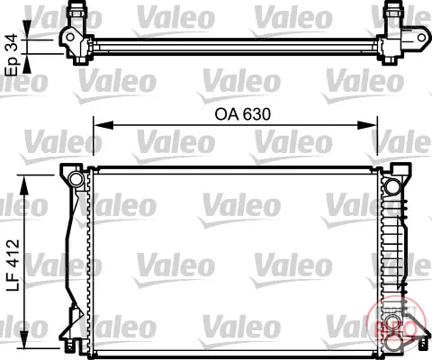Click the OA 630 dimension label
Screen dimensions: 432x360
point(242,114)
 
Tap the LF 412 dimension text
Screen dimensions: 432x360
point(13,265)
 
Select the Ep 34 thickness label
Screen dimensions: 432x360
point(13,55)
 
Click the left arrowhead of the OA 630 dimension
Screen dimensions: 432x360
point(103,125)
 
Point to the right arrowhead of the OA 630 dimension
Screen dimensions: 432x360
point(367,125)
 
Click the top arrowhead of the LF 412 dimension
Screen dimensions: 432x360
point(23,184)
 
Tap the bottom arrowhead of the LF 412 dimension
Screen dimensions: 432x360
point(23,339)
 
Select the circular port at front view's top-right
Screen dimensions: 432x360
point(391,186)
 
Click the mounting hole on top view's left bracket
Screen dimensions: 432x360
point(70,37)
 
